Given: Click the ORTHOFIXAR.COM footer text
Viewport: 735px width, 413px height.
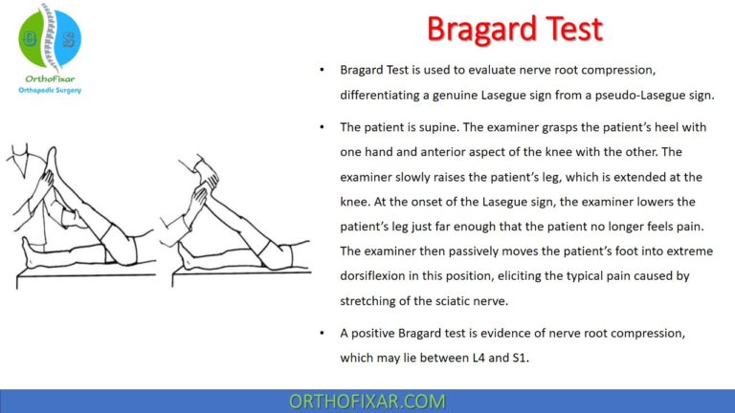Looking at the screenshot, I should pyautogui.click(x=367, y=401).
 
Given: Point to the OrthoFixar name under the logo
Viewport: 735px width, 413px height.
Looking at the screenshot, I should pyautogui.click(x=48, y=78).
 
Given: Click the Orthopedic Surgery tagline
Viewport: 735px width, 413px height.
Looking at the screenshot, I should pyautogui.click(x=50, y=91).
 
